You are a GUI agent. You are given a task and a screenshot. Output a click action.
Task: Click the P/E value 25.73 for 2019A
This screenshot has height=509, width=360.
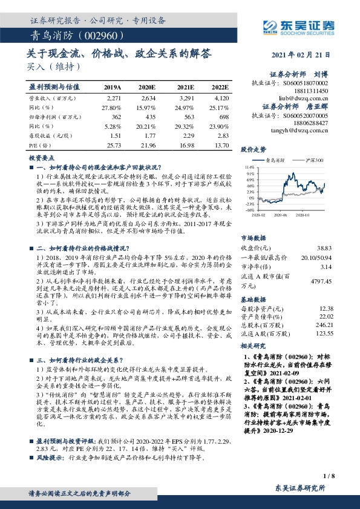(x=114, y=146)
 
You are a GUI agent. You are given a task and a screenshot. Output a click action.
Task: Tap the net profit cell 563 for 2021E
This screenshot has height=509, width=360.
(x=184, y=117)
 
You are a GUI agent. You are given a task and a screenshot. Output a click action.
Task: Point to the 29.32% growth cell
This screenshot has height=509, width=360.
(x=182, y=127)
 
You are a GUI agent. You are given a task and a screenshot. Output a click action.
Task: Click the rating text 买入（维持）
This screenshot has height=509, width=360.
(x=51, y=66)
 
